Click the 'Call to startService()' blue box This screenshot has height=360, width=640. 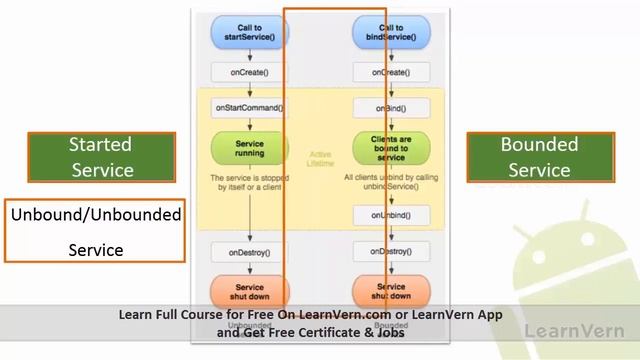(x=249, y=31)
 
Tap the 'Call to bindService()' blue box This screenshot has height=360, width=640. (x=384, y=31)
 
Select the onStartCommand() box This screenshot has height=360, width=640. (x=249, y=107)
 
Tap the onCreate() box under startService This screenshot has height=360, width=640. (x=249, y=72)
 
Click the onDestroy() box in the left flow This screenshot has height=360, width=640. (x=249, y=252)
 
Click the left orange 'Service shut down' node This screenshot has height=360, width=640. (x=249, y=291)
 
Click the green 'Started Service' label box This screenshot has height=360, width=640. (x=101, y=157)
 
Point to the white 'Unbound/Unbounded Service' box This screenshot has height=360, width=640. (x=96, y=231)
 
